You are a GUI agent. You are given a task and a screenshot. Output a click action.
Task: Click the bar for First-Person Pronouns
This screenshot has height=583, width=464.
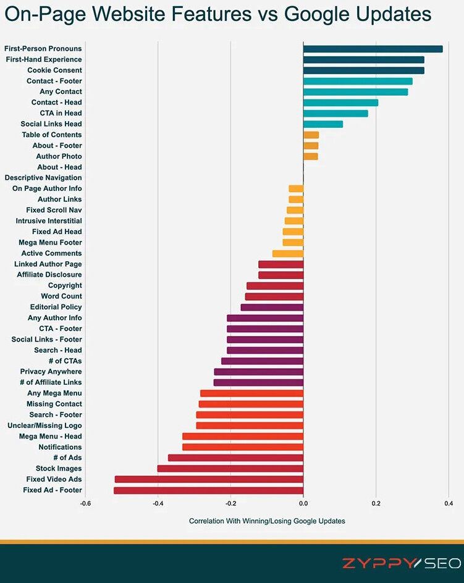coord(373,49)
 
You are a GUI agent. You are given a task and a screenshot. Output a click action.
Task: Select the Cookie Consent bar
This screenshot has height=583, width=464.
coord(363,70)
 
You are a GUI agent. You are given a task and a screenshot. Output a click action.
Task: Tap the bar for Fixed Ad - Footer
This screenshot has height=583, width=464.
coord(208,490)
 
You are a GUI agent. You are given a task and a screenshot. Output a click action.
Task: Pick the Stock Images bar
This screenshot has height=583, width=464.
coord(230,469)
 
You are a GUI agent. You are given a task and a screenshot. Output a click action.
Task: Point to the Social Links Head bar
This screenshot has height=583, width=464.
coord(323,124)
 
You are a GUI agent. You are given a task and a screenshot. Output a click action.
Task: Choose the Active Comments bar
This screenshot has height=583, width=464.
coord(287,253)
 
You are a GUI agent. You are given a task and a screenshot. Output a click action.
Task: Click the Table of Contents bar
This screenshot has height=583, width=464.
coord(311,135)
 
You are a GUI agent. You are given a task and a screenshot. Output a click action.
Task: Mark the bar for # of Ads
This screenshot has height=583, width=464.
coord(235,458)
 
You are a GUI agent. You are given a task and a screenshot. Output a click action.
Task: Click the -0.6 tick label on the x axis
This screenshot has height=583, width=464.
coord(85,503)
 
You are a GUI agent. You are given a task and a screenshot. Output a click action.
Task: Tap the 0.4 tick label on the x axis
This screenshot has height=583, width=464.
coord(448,503)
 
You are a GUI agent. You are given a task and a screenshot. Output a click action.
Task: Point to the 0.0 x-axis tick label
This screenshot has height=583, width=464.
coord(303,503)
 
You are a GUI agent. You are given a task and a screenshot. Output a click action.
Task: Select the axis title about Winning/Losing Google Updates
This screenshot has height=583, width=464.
coord(267,521)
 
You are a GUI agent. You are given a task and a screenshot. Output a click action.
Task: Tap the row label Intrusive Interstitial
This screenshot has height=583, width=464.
coord(49,220)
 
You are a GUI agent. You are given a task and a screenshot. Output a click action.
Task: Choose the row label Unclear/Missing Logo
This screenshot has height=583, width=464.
coord(44,426)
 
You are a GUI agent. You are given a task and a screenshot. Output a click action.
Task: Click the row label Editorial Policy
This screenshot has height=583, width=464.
coord(56,307)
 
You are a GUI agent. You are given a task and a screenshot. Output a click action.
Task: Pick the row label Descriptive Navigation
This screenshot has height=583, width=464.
coord(43,178)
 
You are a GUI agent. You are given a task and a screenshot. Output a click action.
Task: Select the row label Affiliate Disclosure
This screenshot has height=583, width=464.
coord(49,274)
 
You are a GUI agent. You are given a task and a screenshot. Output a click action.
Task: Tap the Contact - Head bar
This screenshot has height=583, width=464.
coord(340,103)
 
